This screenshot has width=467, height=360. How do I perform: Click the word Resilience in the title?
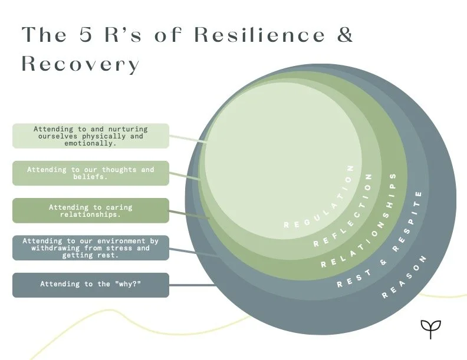click(x=259, y=34)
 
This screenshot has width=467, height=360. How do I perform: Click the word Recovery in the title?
click(x=80, y=64)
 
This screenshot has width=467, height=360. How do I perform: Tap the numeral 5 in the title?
click(x=85, y=34)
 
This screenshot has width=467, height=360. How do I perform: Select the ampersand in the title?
click(x=345, y=34)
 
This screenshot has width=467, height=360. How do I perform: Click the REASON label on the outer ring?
click(x=405, y=278)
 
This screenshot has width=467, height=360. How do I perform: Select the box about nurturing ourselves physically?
click(x=91, y=136)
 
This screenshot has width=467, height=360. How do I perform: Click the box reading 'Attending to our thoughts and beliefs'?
click(x=91, y=173)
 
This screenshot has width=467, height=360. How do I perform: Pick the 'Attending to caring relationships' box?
click(x=91, y=211)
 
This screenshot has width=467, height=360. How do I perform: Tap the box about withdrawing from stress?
click(x=91, y=248)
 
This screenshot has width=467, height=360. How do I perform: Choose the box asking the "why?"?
click(x=91, y=285)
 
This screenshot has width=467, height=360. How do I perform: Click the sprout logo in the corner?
click(x=430, y=329)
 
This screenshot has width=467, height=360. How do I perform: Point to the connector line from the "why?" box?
click(x=192, y=285)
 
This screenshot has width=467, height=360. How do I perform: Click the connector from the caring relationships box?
click(x=189, y=215)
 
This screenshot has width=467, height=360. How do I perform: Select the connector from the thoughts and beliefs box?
click(x=185, y=176)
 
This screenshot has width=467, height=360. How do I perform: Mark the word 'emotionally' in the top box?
click(x=90, y=143)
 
